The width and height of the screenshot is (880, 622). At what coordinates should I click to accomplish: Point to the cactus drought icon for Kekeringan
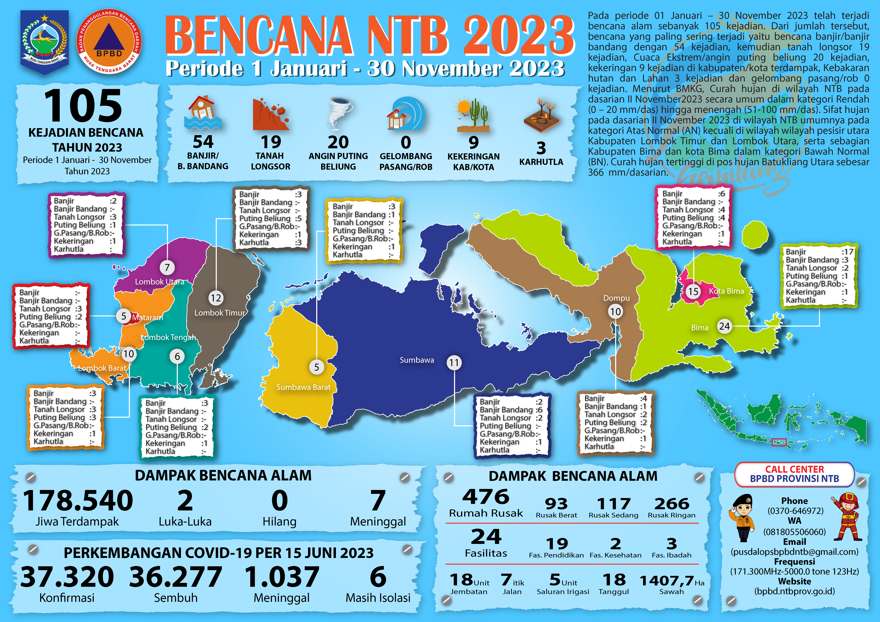[473, 115]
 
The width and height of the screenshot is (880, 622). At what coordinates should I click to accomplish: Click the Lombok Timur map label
[219, 313]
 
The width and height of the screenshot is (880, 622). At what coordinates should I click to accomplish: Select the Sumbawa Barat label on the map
[303, 387]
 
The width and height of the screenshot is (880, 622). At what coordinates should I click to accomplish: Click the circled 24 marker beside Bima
[724, 326]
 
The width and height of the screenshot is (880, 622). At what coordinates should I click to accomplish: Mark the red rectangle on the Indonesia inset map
[779, 442]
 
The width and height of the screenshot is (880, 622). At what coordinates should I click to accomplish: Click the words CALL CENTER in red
[795, 469]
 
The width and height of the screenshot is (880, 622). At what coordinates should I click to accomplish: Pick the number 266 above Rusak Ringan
[672, 504]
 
